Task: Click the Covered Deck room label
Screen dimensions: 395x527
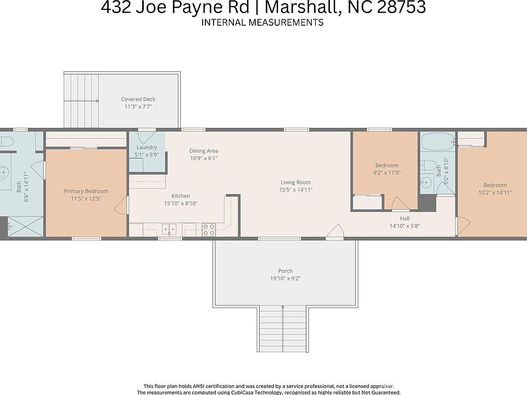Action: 138,99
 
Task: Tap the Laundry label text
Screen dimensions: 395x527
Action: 147,148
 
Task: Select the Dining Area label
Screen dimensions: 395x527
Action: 204,150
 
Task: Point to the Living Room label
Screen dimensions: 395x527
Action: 295,183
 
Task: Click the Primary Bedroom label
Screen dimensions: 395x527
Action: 86,191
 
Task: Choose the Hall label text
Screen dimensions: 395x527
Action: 405,218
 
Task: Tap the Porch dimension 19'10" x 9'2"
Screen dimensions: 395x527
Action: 285,278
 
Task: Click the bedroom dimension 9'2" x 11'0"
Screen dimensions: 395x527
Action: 386,173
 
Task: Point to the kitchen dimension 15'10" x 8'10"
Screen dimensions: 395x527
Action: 181,203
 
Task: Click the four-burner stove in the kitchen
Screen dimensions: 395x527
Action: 209,229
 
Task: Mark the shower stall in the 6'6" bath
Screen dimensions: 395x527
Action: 25,226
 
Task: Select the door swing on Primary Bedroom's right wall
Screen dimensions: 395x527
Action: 121,207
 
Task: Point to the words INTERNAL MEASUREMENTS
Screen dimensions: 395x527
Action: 262,22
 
